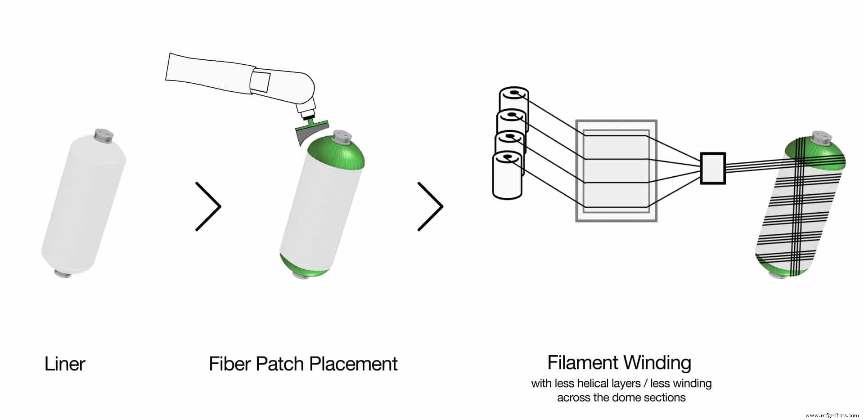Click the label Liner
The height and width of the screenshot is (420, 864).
point(65,364)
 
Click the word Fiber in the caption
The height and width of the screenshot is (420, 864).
point(229,364)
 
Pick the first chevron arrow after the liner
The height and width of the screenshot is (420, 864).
point(208,206)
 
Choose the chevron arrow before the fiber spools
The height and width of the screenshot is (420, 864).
point(431,206)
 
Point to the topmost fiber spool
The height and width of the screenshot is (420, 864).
point(514,101)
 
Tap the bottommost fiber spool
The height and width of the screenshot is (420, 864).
point(508,175)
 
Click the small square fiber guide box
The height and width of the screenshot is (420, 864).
point(713,168)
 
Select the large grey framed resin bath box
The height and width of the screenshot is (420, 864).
point(616,170)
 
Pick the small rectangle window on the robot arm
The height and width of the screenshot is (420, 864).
point(261,81)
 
